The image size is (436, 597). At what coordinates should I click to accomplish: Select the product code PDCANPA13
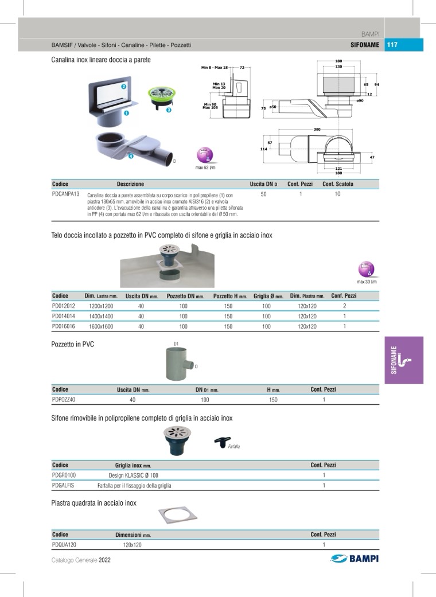(x=65, y=194)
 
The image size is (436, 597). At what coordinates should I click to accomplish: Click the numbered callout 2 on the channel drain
(x=123, y=87)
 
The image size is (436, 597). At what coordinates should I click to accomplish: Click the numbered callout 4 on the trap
(x=131, y=155)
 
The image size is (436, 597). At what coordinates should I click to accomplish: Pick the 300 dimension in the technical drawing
(x=317, y=130)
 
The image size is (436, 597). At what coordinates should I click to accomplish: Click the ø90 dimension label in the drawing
(x=360, y=100)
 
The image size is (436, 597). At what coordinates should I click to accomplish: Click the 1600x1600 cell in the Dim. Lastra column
(x=101, y=326)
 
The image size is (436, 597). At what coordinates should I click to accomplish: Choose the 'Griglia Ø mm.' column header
(x=268, y=296)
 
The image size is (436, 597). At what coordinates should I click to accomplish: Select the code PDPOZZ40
(x=64, y=400)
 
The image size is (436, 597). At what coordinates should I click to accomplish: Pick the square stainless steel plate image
(x=176, y=514)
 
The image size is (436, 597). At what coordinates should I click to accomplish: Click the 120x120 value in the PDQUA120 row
(x=132, y=545)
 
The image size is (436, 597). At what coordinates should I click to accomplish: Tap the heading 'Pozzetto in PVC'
(x=72, y=345)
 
